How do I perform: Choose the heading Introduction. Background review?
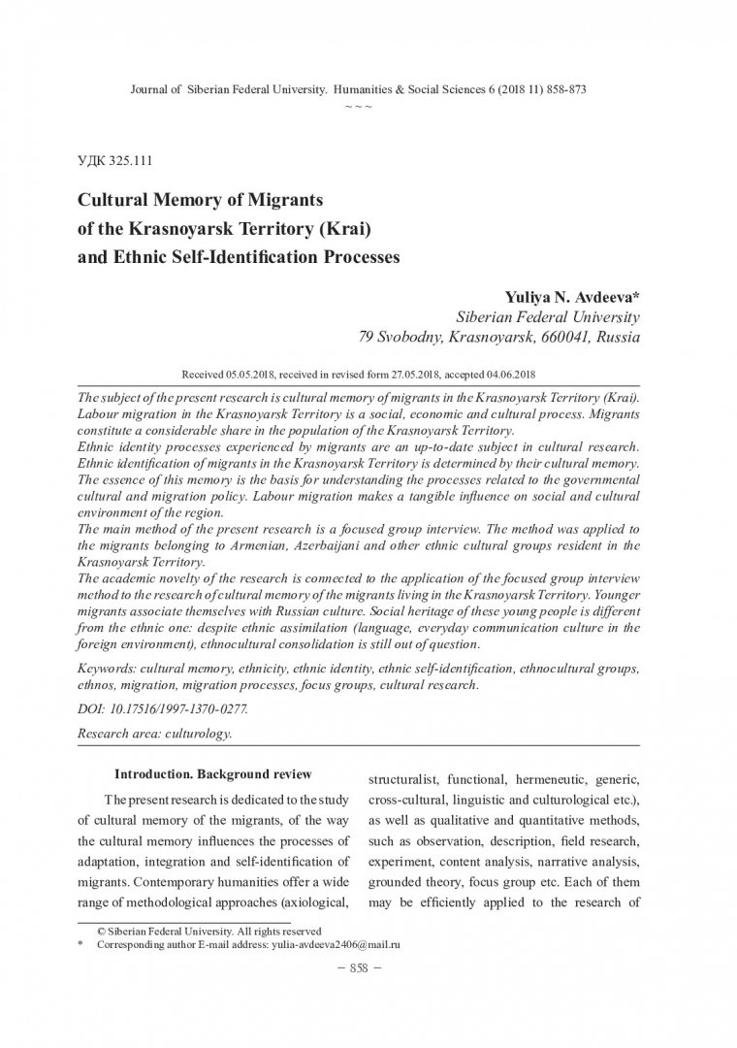coord(213,774)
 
